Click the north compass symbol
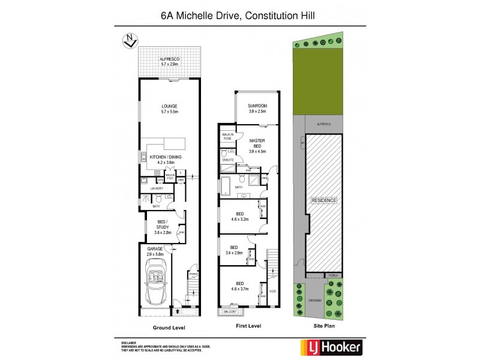128,41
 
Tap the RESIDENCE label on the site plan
323,200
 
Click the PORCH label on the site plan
333,275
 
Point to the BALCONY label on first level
231,312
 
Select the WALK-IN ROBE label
227,136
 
